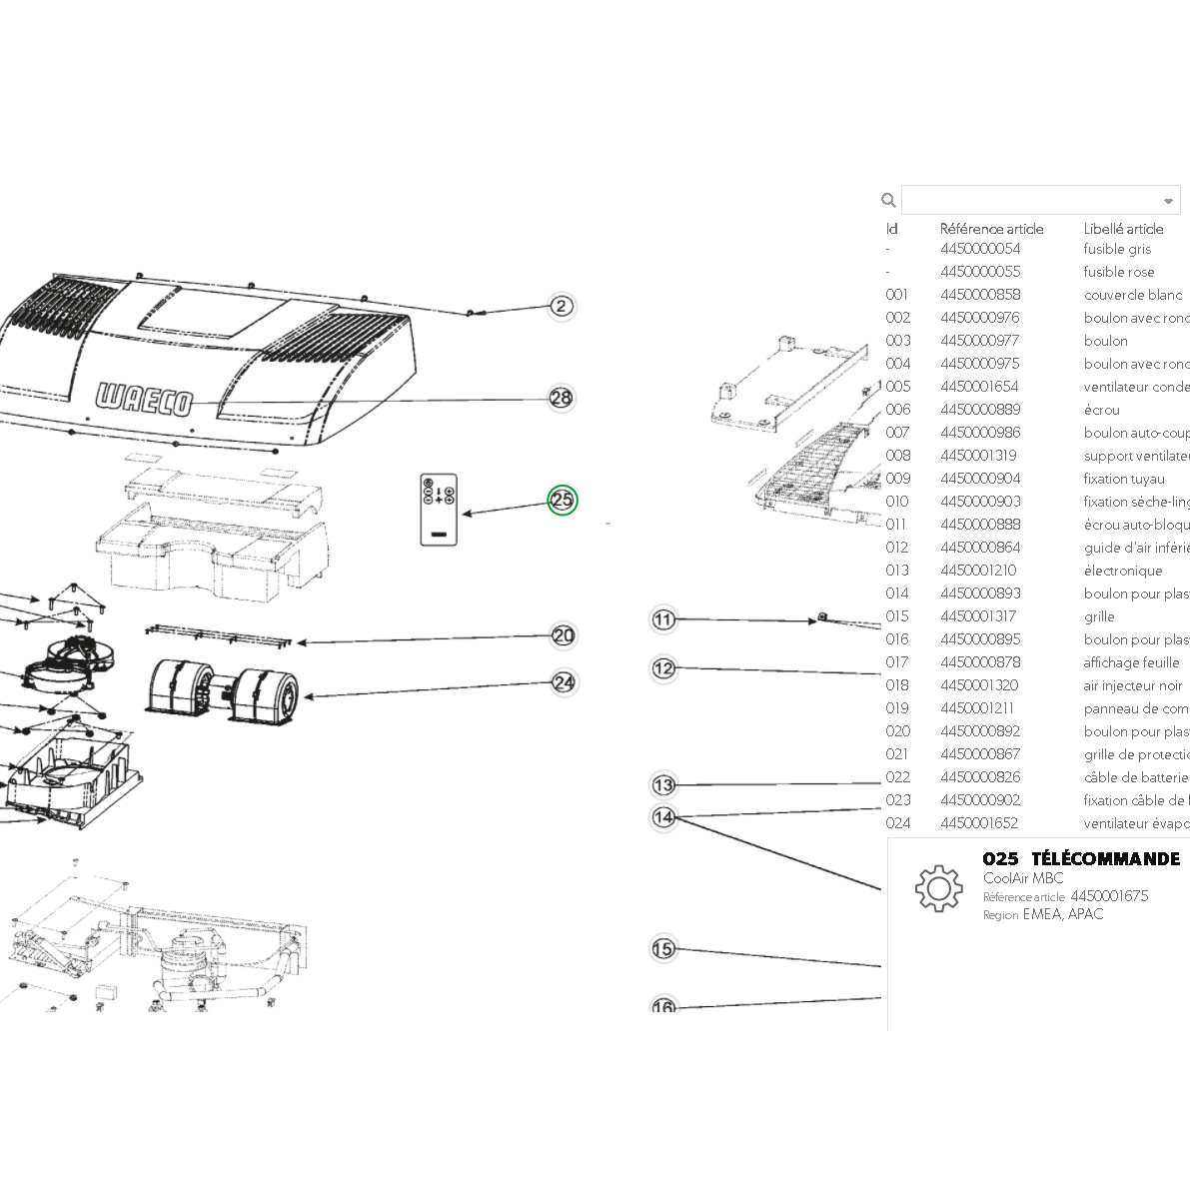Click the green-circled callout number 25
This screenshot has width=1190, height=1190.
click(x=563, y=501)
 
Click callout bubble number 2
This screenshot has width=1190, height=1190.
click(x=562, y=306)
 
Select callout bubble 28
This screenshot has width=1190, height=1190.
click(x=562, y=398)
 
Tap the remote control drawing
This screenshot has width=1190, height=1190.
click(x=438, y=510)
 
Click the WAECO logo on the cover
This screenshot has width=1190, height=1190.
click(x=144, y=400)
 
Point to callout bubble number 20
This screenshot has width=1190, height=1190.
click(x=564, y=635)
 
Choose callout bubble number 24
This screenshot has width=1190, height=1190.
click(x=564, y=682)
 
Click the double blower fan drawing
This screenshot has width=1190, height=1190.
click(x=223, y=689)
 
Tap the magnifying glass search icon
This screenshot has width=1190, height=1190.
click(x=888, y=200)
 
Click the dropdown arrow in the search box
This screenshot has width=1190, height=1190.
click(x=1168, y=201)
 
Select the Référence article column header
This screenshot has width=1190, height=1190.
click(x=991, y=229)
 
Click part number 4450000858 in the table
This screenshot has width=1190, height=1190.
click(x=980, y=295)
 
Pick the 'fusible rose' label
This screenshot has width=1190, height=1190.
click(x=1118, y=272)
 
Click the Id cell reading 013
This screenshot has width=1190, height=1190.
click(x=897, y=571)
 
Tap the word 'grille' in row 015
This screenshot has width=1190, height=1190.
click(x=1099, y=616)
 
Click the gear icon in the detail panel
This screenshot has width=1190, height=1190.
click(x=937, y=888)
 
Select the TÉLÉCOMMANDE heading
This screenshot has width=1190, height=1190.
click(x=1105, y=859)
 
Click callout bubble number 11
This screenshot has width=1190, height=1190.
click(x=663, y=619)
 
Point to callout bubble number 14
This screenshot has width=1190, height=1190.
click(x=663, y=817)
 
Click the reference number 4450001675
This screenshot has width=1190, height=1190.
click(x=1109, y=896)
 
